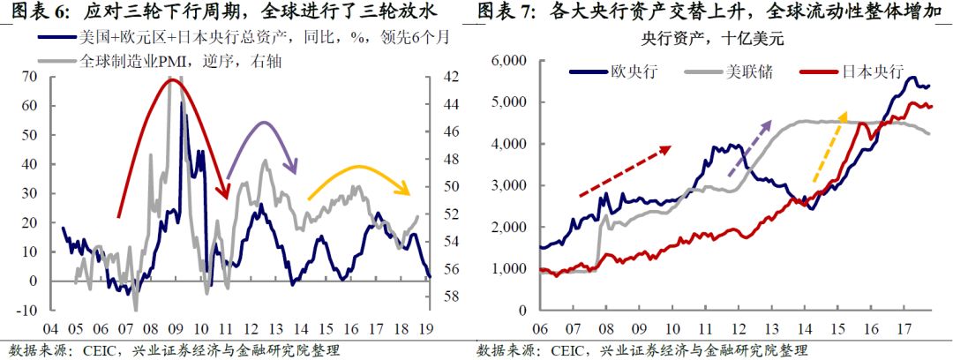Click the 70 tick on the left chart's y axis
tap(31, 77)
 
